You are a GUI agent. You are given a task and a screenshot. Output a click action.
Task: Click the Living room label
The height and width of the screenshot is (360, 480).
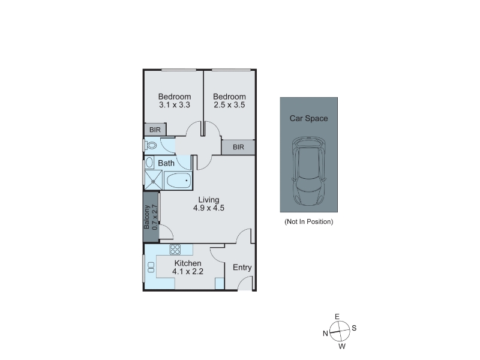point(209,200)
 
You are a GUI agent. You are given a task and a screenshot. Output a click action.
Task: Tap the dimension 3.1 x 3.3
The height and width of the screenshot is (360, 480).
point(175,105)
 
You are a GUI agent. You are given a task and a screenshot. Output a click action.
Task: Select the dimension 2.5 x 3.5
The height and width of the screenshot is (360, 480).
point(229,105)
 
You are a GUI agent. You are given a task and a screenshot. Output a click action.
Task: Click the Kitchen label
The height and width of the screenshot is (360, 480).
point(188,263)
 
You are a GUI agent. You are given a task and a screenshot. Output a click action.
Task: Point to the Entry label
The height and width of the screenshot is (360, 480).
point(242,268)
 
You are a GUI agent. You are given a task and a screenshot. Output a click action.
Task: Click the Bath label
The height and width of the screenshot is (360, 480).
point(166,163)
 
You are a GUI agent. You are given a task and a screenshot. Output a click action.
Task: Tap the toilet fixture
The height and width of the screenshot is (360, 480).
point(150,145)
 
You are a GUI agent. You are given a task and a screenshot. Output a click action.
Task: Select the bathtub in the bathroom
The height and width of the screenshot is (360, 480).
point(178,181)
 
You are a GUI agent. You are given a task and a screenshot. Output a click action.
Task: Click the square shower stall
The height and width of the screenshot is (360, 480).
point(153,181)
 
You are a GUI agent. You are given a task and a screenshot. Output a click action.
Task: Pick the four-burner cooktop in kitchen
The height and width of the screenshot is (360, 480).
point(175,250)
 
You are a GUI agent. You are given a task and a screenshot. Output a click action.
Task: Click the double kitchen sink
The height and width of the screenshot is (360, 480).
point(151,267)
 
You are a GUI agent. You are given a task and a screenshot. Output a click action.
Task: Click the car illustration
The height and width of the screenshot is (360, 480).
point(308,172)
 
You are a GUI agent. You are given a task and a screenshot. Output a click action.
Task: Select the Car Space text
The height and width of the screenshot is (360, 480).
point(308,118)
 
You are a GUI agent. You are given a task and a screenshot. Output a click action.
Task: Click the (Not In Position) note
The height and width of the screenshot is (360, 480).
point(308,221)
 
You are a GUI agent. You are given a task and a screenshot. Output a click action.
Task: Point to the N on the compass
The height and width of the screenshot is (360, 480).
point(325,334)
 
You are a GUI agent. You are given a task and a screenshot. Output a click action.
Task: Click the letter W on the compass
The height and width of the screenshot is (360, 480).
point(342,347)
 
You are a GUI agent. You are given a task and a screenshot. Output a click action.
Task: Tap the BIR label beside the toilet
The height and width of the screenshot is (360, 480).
point(155,130)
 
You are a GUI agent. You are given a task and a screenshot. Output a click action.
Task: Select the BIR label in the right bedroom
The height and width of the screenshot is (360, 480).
point(238,147)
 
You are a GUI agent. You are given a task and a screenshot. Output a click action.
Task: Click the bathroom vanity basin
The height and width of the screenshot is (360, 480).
point(149,163)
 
